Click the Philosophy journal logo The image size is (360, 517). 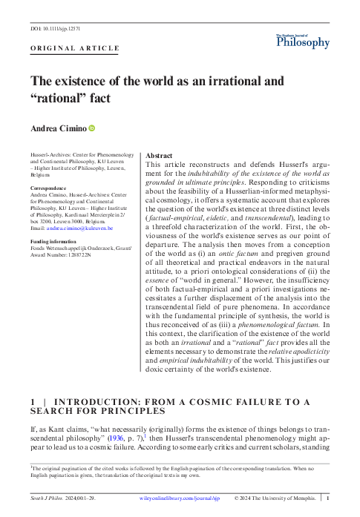[302, 42]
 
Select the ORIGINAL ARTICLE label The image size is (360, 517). [74, 48]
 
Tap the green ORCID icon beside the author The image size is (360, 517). [93, 129]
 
